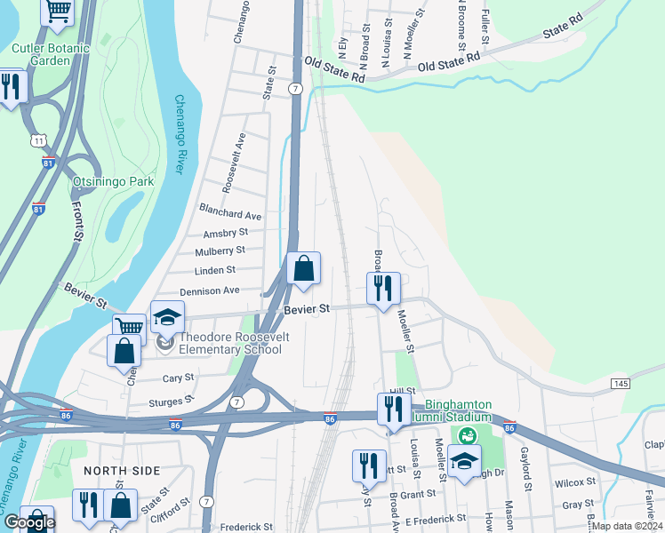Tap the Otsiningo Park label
click(113, 182)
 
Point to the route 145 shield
click(621, 382)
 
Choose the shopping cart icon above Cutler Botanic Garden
click(58, 11)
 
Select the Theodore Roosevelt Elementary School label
click(230, 342)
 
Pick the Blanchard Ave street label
click(230, 215)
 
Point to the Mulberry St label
click(220, 251)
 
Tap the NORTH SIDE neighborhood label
click(122, 470)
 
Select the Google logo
click(29, 522)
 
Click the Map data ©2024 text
click(626, 526)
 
